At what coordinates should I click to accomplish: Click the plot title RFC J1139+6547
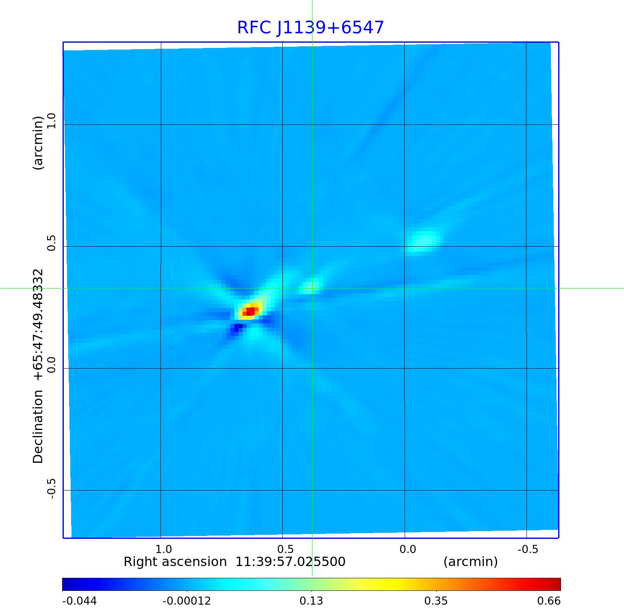(x=310, y=28)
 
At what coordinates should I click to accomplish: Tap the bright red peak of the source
(x=250, y=311)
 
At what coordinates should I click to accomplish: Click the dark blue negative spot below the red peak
(x=235, y=328)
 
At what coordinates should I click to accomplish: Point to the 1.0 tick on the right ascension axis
(x=164, y=549)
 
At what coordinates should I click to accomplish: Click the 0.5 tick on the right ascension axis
(x=285, y=549)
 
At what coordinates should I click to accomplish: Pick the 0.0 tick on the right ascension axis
(x=407, y=549)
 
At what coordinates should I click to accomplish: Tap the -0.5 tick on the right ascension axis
(x=528, y=549)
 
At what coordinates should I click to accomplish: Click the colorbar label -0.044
(x=79, y=601)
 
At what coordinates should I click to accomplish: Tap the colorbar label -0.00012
(x=186, y=601)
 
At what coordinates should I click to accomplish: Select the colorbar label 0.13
(x=311, y=601)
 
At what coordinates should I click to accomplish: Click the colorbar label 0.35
(x=436, y=601)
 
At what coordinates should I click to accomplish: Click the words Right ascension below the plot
(x=175, y=562)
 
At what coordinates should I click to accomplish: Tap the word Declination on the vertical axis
(x=38, y=427)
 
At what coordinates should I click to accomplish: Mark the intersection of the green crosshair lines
(x=312, y=288)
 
